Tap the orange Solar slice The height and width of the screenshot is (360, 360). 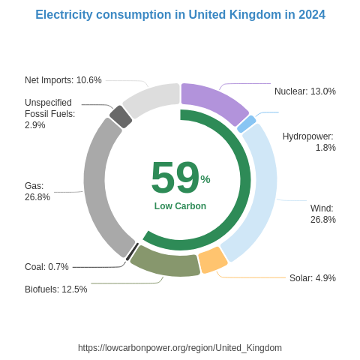[212, 259]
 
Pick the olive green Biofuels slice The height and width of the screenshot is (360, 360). [165, 262]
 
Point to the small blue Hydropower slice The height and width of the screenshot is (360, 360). [246, 124]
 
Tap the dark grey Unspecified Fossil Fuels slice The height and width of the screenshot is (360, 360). [121, 116]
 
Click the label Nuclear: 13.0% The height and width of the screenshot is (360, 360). [304, 91]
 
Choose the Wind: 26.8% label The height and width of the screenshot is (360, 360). [322, 214]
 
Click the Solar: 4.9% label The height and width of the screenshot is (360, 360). [312, 278]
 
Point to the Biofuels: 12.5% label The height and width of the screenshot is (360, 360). [55, 289]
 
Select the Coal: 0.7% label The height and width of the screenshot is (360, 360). [46, 267]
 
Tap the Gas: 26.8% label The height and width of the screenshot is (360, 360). [37, 191]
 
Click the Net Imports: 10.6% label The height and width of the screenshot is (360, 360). [63, 80]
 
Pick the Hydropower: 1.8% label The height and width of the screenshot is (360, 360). [308, 142]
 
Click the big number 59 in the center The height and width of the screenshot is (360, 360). [175, 178]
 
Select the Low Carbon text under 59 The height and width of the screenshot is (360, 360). [180, 206]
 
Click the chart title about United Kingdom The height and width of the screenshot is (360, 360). [180, 15]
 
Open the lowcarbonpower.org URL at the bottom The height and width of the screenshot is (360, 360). [180, 348]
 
